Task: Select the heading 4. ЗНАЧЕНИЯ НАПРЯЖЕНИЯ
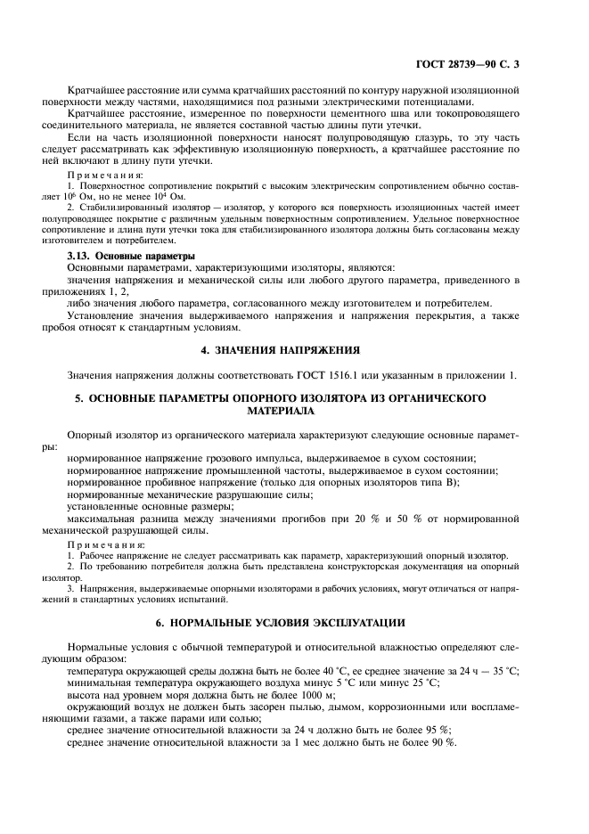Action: point(294,349)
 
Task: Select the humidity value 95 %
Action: point(438,728)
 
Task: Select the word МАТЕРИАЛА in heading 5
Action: point(294,413)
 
